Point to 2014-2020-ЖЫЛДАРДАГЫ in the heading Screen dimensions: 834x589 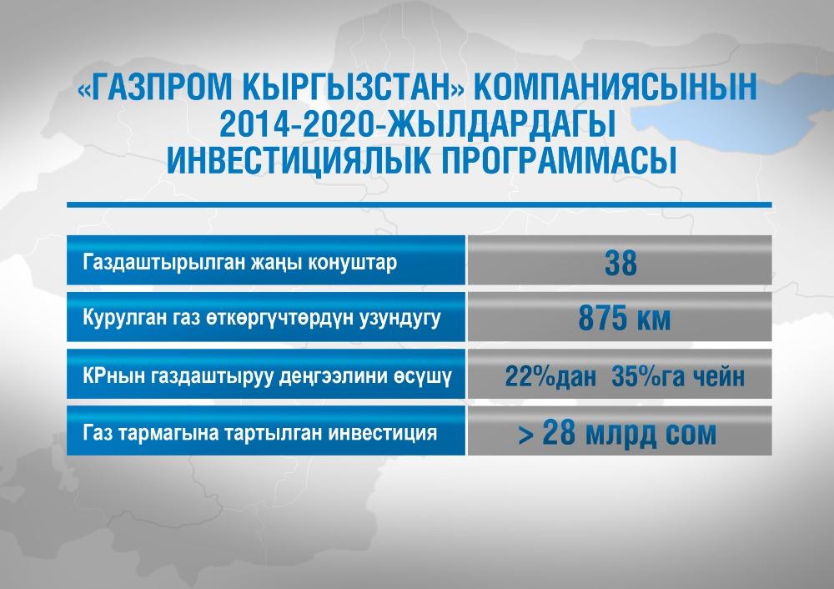(418, 123)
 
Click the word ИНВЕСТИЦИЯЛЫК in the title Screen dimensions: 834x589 (299, 160)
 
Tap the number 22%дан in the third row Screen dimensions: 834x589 (550, 376)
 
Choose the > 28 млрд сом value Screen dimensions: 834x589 (617, 433)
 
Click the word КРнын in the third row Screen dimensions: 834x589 (113, 377)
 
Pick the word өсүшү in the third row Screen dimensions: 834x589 (423, 377)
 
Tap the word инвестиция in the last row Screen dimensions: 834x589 (383, 434)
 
